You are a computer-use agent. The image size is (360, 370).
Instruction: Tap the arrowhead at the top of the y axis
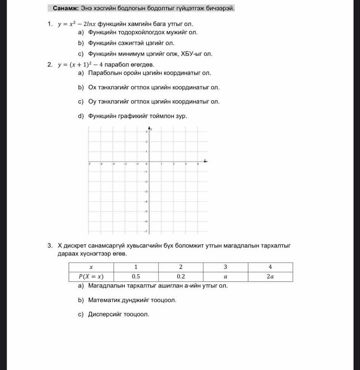click(x=149, y=128)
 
